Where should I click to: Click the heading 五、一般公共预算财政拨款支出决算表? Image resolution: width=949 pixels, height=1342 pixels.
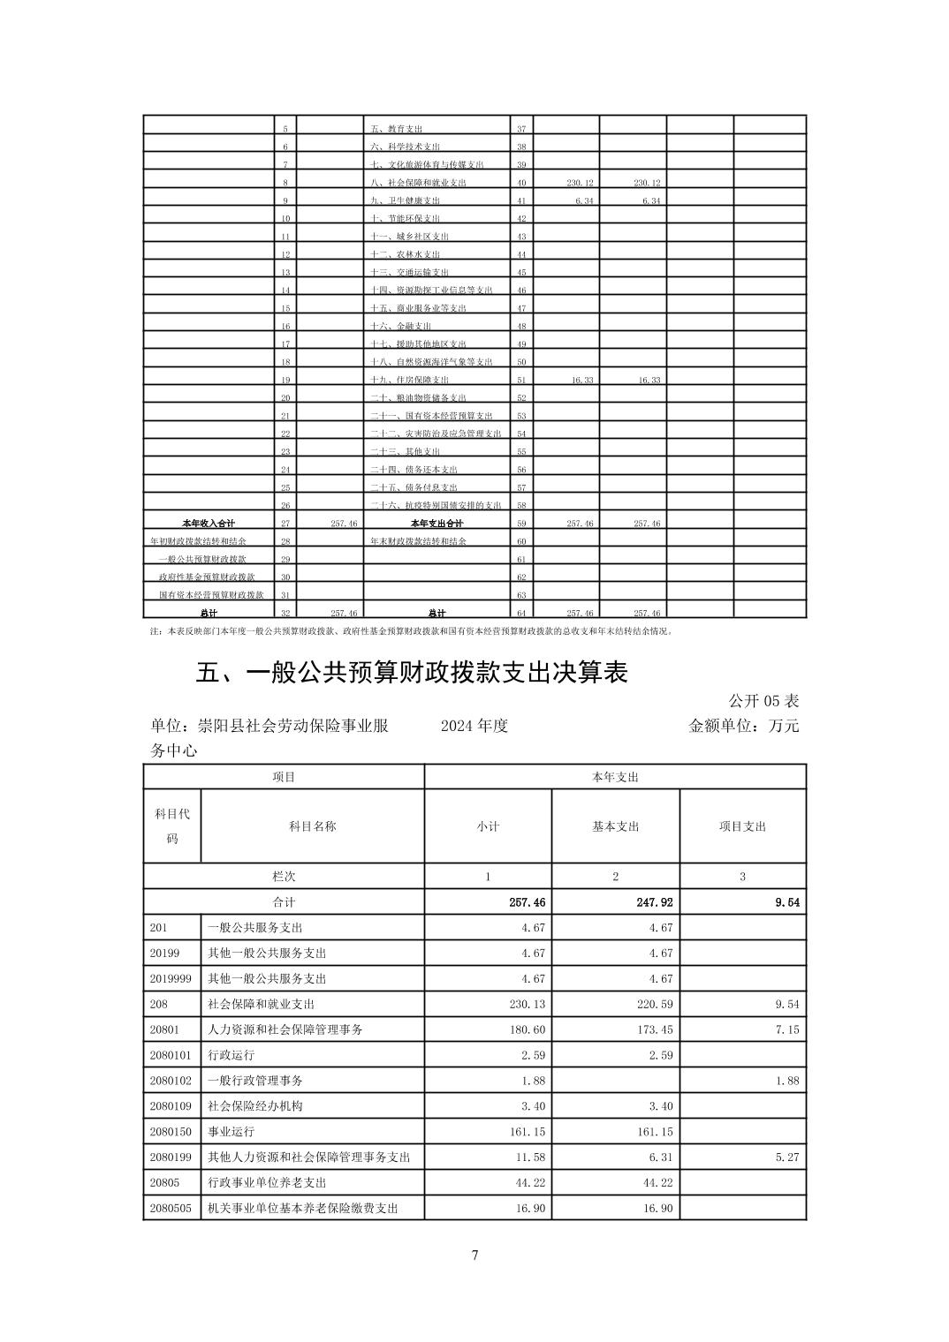coord(412,673)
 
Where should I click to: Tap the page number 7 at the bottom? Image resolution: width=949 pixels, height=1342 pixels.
coord(474,1255)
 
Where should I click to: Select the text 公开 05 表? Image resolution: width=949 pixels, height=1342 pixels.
coord(763,701)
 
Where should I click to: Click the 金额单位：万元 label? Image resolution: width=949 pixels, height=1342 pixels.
coord(743,726)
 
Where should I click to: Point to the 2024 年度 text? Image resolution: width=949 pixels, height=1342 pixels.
coord(474,726)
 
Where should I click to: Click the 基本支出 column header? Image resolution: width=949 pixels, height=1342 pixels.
coord(615,826)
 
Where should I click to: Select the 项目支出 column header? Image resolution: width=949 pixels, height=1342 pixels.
coord(742,826)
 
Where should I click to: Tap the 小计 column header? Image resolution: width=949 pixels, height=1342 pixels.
coord(488,826)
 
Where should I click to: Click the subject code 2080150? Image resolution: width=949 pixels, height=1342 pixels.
coord(171,1131)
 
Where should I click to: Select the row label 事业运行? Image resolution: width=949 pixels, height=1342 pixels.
coord(231,1131)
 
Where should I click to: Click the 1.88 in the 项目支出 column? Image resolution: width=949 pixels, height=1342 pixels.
coord(786,1081)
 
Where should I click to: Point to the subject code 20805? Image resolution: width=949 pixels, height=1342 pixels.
coord(164,1182)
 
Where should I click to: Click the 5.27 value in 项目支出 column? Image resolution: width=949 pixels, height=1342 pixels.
coord(786,1157)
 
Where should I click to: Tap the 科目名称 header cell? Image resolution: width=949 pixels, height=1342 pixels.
coord(312,826)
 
